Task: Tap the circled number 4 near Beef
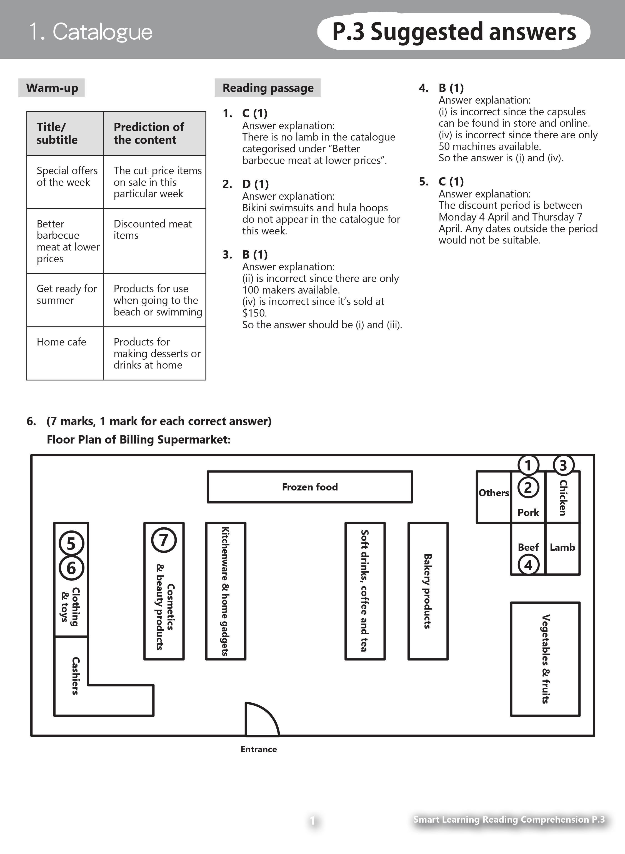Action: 528,565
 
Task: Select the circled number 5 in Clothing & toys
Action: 71,544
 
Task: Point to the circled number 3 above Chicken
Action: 563,465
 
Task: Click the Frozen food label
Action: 310,487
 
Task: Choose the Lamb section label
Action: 562,547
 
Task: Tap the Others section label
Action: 494,493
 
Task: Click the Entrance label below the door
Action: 259,749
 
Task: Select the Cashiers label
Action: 75,676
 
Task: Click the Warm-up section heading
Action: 52,88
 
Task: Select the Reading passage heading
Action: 268,88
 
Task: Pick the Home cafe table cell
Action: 61,342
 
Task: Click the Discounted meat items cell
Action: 152,230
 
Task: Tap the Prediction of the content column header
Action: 149,133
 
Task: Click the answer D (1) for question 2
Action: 255,184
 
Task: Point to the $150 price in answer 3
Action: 254,313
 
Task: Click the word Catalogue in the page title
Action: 102,31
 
